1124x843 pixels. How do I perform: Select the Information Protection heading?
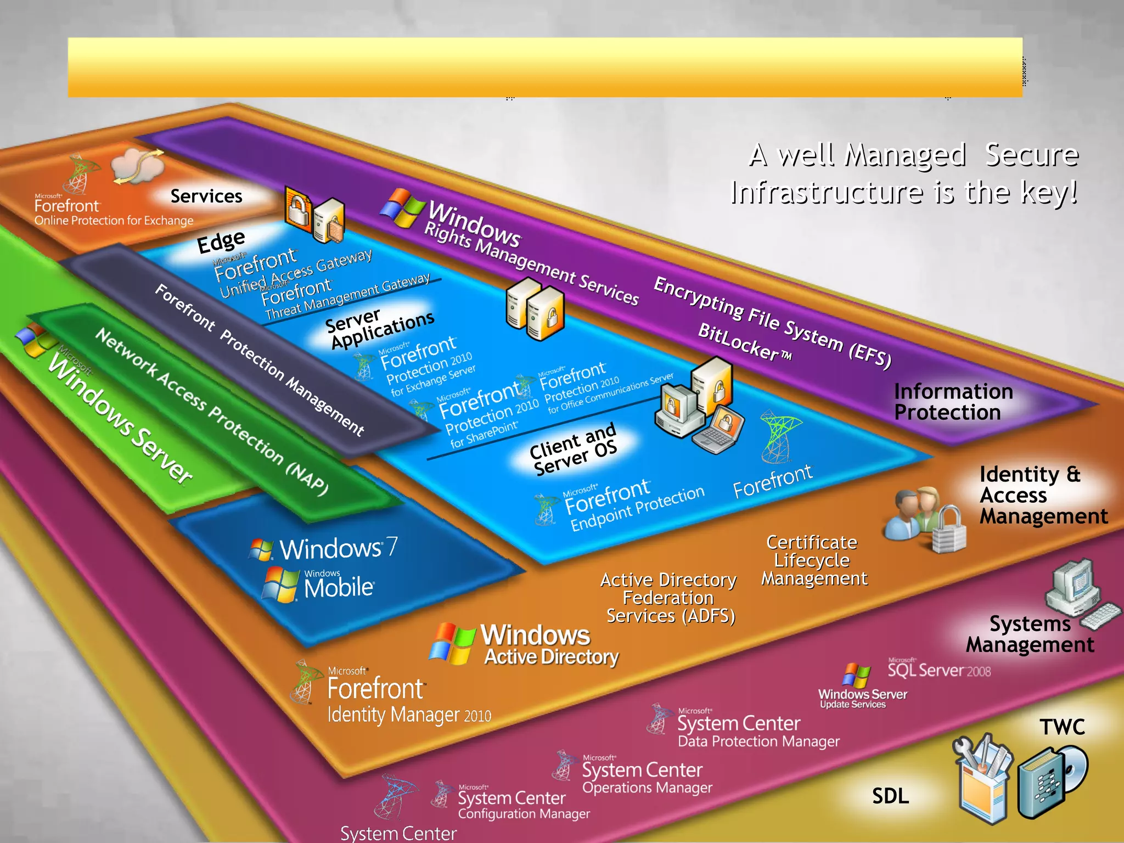953,402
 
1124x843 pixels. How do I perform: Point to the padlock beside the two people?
949,530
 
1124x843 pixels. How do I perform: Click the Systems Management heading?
1030,634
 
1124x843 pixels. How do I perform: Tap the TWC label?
1062,727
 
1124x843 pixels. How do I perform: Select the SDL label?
890,796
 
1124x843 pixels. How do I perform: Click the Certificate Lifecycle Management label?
814,560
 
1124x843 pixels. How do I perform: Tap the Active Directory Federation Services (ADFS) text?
669,598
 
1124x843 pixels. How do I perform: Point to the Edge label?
221,241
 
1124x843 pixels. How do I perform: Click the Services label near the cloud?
206,196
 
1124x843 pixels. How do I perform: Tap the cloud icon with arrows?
138,165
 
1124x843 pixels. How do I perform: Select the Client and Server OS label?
573,449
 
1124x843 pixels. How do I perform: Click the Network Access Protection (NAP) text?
211,412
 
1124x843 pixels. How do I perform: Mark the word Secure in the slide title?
1031,155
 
